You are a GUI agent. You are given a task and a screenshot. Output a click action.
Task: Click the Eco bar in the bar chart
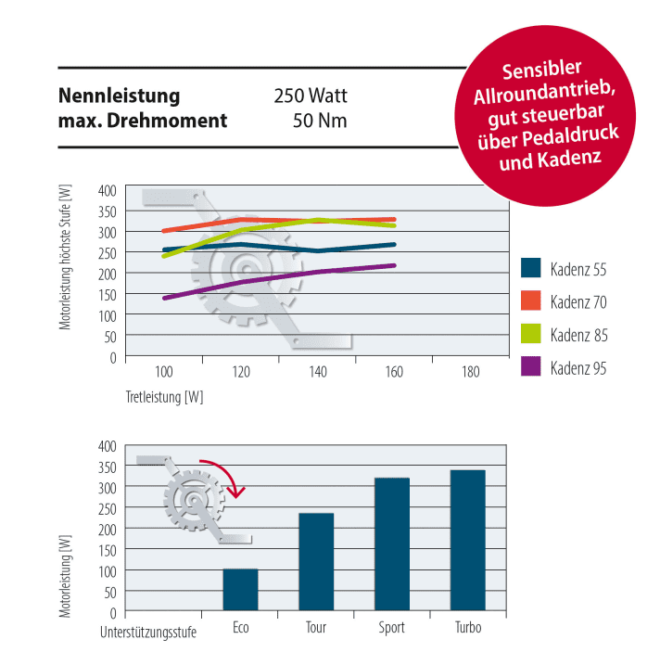click(x=240, y=590)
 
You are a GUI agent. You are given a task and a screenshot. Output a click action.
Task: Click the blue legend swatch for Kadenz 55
click(x=530, y=268)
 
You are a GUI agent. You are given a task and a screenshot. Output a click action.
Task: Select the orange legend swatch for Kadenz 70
click(x=530, y=301)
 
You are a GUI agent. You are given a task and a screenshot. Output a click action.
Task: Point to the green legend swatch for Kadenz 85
click(x=530, y=334)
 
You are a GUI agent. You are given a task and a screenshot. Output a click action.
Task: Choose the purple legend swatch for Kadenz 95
click(x=530, y=367)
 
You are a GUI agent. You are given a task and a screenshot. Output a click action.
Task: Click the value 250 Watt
click(x=310, y=96)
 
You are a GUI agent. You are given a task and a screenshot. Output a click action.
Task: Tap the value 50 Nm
click(x=320, y=121)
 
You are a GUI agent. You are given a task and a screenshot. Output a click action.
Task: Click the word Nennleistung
click(x=120, y=96)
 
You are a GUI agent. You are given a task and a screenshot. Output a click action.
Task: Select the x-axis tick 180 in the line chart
click(x=470, y=372)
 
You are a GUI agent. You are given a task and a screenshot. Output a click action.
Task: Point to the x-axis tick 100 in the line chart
click(x=164, y=372)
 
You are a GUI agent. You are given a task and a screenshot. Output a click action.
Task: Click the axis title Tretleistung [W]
click(x=164, y=397)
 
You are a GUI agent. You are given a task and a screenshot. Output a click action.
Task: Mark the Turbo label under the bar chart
click(x=467, y=628)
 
